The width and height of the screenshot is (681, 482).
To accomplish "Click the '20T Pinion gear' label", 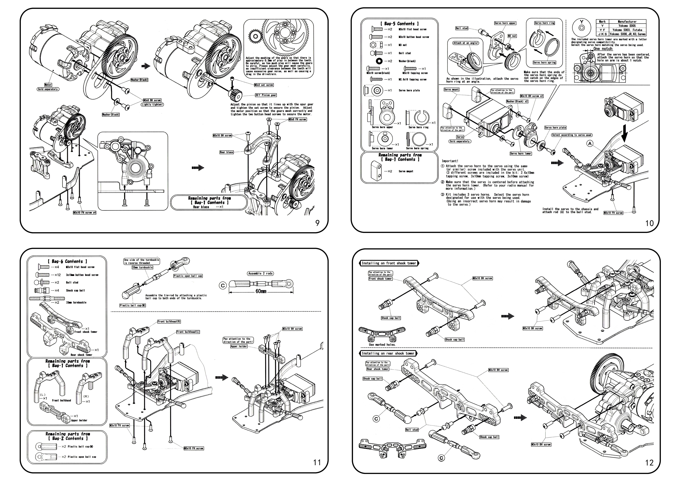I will coord(266,95).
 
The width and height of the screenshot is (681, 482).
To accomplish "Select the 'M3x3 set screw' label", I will coord(264,85).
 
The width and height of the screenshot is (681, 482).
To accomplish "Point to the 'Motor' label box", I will coord(48,85).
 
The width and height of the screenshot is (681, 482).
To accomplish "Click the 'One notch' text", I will coord(603,49).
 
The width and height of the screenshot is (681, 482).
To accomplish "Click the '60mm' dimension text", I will coord(261,291).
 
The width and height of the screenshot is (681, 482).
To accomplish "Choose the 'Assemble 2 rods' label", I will coord(260,273).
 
